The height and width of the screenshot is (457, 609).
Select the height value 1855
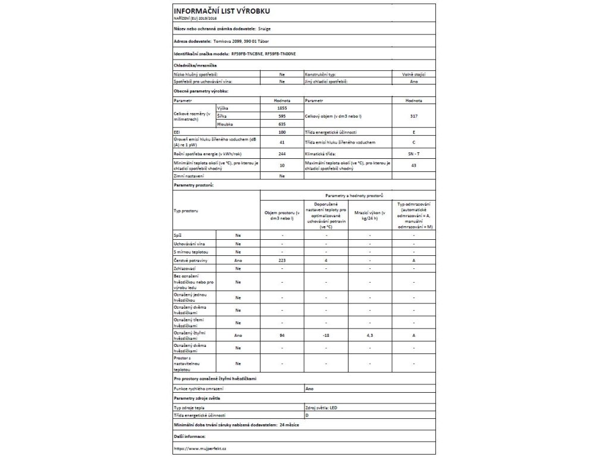click(x=282, y=108)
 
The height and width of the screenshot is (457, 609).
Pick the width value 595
click(x=282, y=117)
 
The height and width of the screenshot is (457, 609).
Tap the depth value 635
click(x=282, y=124)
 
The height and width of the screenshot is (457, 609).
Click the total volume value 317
click(x=414, y=117)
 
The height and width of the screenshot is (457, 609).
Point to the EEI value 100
click(x=282, y=132)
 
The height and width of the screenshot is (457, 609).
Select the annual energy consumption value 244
click(x=282, y=154)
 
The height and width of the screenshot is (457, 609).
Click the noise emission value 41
click(x=282, y=142)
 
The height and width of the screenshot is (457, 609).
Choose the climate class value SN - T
click(x=414, y=154)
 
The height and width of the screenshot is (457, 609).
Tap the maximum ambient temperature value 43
click(x=414, y=165)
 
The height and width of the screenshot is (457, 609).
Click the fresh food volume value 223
click(x=282, y=261)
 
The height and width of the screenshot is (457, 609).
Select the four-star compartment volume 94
click(x=282, y=336)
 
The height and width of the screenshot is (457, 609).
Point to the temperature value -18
click(x=326, y=336)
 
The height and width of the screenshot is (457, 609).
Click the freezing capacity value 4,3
click(x=370, y=336)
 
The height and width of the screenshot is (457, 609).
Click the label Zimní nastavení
click(x=189, y=176)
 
